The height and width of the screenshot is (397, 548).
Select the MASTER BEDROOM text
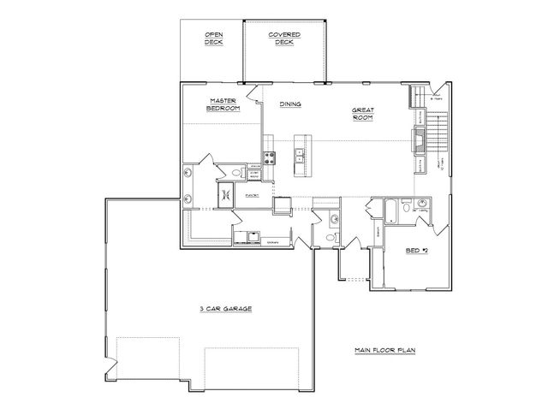[223, 104]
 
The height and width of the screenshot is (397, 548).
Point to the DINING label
[291, 104]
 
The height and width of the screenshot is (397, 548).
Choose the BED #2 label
[416, 252]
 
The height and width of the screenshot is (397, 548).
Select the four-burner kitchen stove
[269, 157]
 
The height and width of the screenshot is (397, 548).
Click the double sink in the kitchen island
[300, 156]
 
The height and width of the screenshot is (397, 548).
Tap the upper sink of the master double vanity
[188, 173]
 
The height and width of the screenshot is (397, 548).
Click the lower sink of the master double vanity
[188, 199]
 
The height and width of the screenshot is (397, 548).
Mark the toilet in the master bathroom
[254, 175]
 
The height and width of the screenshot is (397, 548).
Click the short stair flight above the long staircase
[420, 95]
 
